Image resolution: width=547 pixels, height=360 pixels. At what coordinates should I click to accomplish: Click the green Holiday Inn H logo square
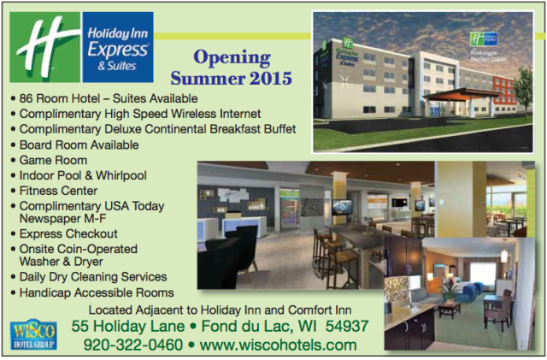pyautogui.click(x=44, y=47)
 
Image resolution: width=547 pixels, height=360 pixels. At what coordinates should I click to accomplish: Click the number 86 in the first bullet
pyautogui.click(x=27, y=98)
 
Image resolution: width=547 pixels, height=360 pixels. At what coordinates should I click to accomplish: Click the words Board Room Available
pyautogui.click(x=79, y=145)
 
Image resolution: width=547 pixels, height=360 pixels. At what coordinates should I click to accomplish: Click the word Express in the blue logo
pyautogui.click(x=109, y=50)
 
